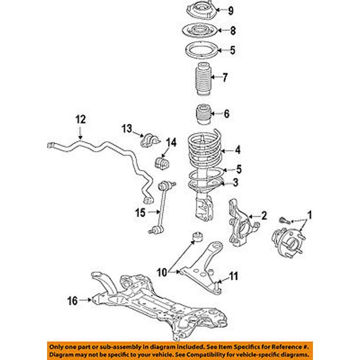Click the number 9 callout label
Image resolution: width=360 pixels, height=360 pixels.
(x=231, y=10)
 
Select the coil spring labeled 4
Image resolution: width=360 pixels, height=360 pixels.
(x=205, y=152)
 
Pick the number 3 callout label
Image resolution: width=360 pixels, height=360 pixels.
(x=235, y=184)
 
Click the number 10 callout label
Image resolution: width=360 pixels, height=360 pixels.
(x=161, y=273)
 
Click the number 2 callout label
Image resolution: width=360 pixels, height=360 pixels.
(x=264, y=215)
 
